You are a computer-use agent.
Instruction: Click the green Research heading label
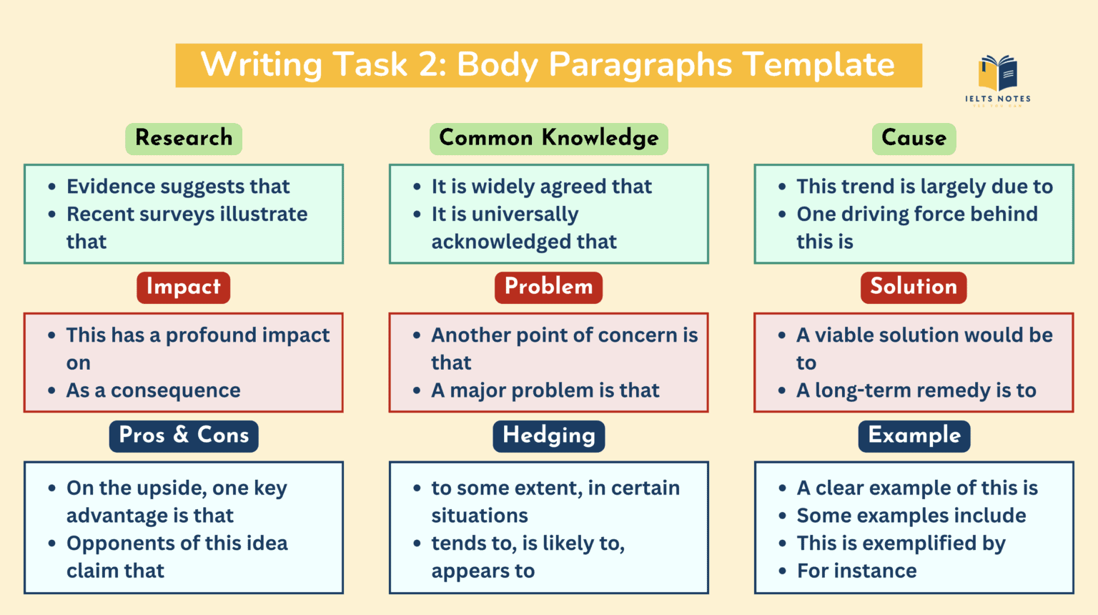[x=184, y=138]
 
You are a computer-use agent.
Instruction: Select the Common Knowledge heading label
[x=548, y=138]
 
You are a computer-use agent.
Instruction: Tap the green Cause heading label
[x=914, y=138]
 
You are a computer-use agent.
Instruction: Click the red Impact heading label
[x=184, y=287]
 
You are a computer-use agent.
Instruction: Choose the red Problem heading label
[x=548, y=287]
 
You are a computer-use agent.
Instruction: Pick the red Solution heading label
[x=914, y=287]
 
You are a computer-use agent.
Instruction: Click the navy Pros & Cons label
[x=184, y=436]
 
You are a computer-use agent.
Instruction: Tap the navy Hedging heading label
[x=548, y=436]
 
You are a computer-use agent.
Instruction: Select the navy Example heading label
[x=914, y=436]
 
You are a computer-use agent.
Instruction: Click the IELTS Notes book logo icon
[x=998, y=74]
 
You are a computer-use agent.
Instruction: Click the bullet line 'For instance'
[x=856, y=571]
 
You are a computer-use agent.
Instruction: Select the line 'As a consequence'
[x=153, y=390]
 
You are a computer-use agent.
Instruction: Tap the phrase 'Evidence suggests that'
[x=178, y=187]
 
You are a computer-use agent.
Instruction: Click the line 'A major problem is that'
[x=545, y=390]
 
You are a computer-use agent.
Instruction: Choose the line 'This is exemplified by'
[x=901, y=543]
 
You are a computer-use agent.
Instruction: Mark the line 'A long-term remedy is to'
[x=916, y=390]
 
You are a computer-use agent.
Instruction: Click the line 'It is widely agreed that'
[x=541, y=187]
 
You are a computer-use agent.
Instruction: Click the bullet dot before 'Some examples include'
[x=783, y=516]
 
